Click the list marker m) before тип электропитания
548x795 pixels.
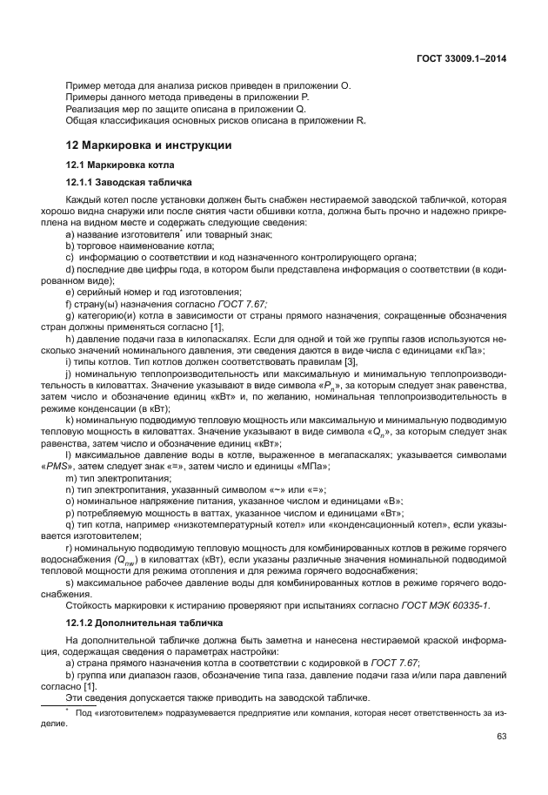coord(70,478)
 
